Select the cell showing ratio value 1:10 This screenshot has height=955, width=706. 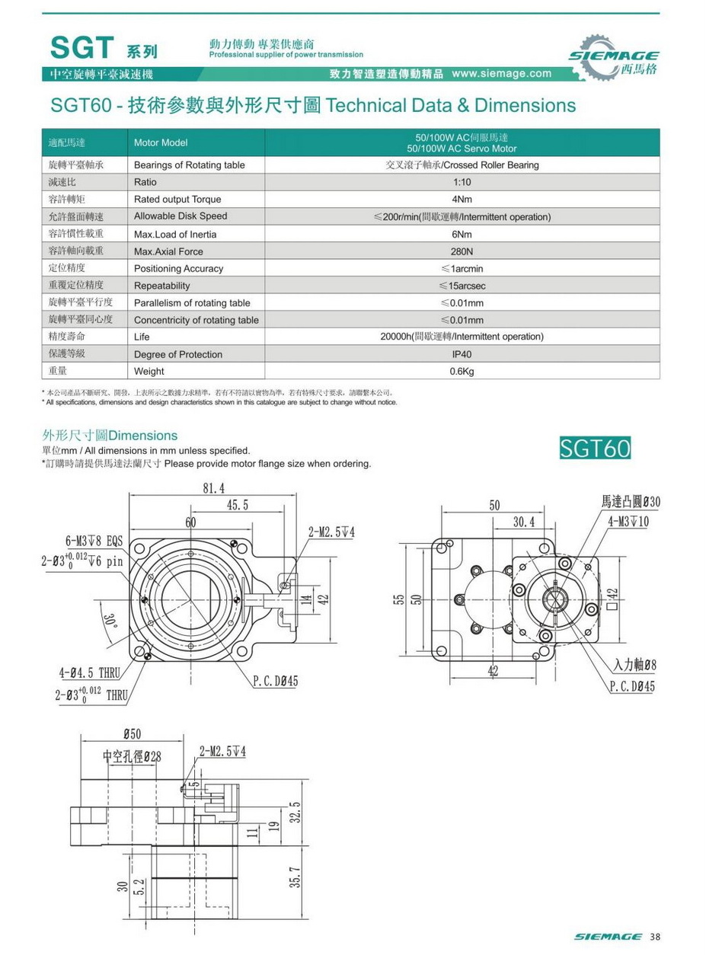pos(462,182)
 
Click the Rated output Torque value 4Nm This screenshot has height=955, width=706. pos(462,200)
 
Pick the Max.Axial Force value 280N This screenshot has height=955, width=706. pos(462,251)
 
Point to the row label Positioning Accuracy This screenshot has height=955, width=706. pos(178,269)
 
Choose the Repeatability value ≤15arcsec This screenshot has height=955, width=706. pos(462,286)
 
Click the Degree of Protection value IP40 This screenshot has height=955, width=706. pos(462,354)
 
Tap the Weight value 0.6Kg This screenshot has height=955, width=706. pos(462,372)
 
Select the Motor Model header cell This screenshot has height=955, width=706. pos(160,142)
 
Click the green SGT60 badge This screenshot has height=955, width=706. pos(595,449)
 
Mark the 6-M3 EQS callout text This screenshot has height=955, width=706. pos(94,541)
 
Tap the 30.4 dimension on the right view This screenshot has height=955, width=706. pos(523,522)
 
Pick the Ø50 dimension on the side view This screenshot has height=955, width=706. pos(131,733)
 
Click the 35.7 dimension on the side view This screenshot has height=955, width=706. pos(297,878)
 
